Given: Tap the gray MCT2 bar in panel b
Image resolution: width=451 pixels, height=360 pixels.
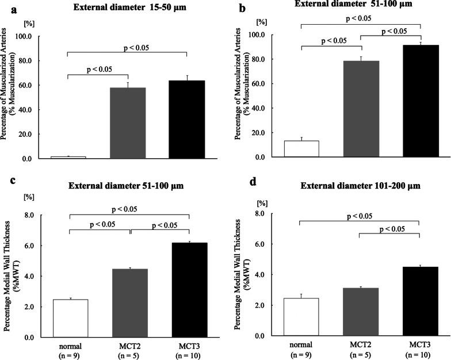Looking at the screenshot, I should [361, 109].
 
